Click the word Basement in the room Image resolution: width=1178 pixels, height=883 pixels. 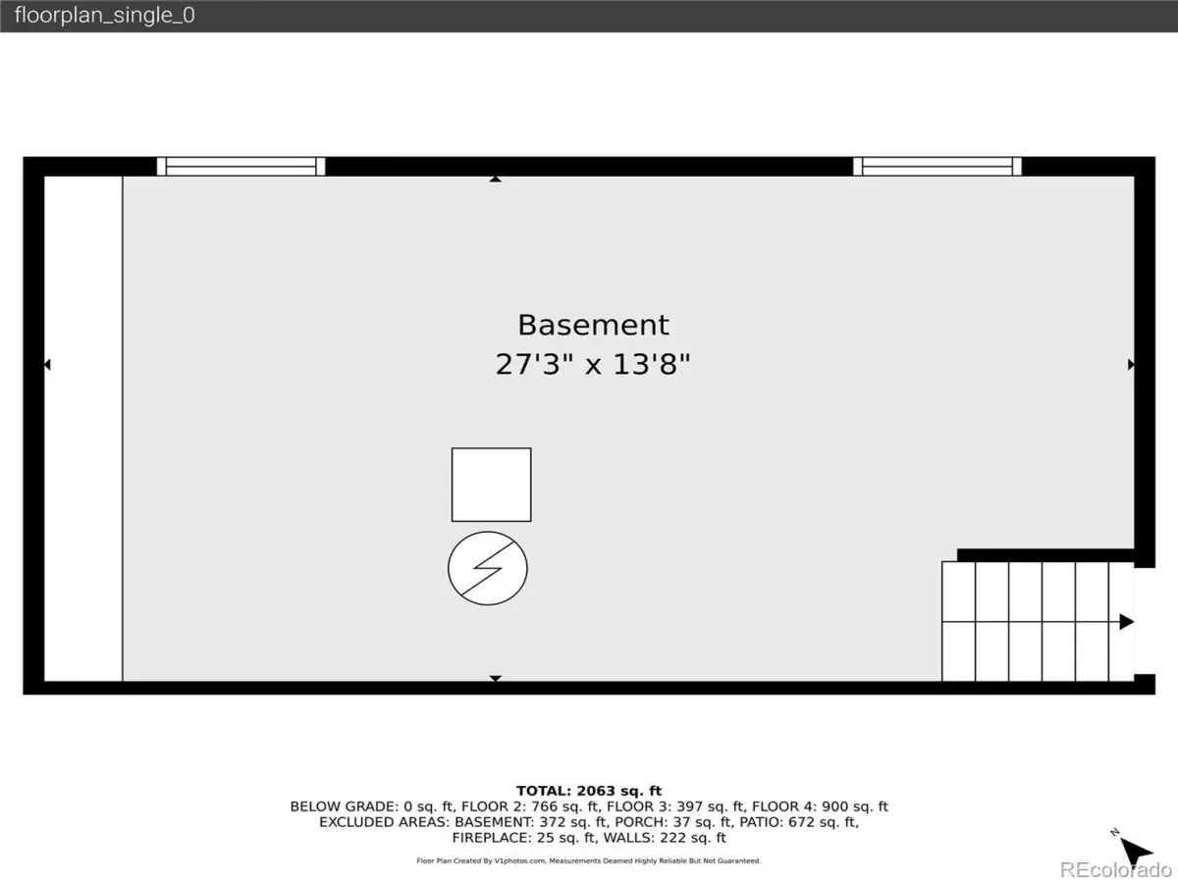tap(593, 325)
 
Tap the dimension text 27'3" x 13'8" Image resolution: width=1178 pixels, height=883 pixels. tap(593, 365)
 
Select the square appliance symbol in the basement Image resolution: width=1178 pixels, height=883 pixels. tap(491, 485)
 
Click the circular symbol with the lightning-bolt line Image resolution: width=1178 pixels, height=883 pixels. tap(487, 568)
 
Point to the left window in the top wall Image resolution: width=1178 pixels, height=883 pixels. tap(241, 166)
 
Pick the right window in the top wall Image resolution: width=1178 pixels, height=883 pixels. tap(937, 166)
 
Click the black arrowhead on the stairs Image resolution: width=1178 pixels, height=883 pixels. tap(1127, 622)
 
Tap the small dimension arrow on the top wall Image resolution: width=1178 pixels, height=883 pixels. tap(496, 180)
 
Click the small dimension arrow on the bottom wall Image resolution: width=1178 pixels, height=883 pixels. tap(496, 678)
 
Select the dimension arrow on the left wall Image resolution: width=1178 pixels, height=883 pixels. tap(47, 365)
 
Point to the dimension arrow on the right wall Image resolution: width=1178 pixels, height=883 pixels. tap(1131, 365)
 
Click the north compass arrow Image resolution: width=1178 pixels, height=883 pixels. tap(1134, 850)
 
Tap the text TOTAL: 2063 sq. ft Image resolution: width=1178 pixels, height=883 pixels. tap(589, 791)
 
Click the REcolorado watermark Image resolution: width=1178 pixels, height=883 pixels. tap(1115, 869)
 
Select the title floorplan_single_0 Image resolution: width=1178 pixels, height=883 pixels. tap(105, 15)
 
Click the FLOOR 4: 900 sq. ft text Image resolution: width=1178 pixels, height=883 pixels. tap(820, 806)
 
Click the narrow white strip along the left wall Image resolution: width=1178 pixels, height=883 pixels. tap(83, 429)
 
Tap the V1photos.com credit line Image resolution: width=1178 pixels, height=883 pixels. tap(589, 860)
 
